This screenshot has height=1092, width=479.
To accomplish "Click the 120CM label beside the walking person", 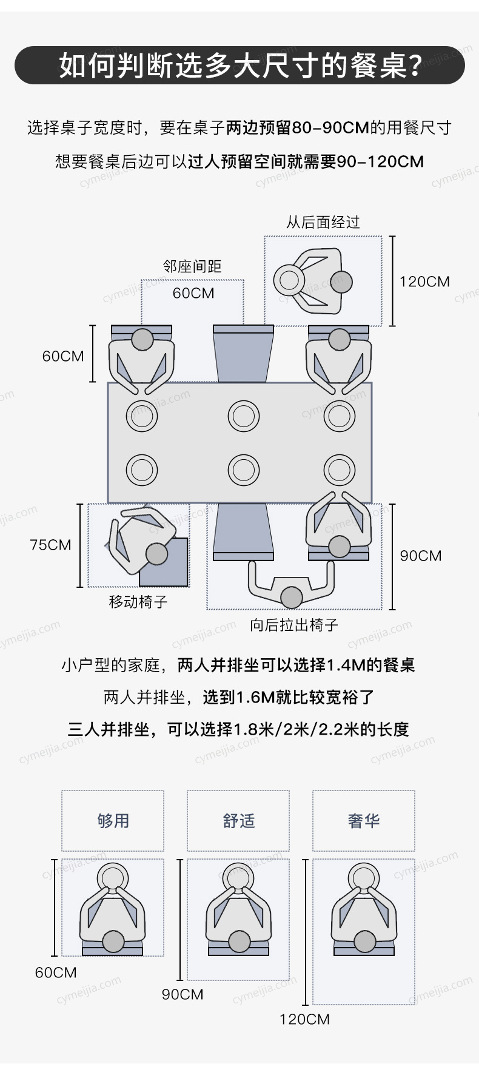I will pyautogui.click(x=424, y=281).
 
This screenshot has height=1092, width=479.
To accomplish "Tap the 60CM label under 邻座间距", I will pyautogui.click(x=193, y=293).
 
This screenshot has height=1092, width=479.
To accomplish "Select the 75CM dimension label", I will pyautogui.click(x=50, y=545).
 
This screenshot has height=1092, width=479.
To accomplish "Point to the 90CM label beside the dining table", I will pyautogui.click(x=421, y=556).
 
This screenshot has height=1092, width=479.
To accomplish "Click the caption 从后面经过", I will pyautogui.click(x=323, y=222).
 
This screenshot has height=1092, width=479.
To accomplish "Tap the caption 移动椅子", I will pyautogui.click(x=138, y=602).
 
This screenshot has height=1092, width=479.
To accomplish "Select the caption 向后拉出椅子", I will pyautogui.click(x=294, y=625).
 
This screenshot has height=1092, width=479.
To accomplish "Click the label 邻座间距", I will pyautogui.click(x=192, y=266).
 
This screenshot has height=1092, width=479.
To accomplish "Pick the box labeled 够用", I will pyautogui.click(x=113, y=821).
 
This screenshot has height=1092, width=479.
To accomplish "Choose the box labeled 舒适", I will pyautogui.click(x=238, y=821).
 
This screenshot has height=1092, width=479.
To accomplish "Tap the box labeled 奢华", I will pyautogui.click(x=364, y=821).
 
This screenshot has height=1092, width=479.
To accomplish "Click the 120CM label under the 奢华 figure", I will pyautogui.click(x=304, y=1019).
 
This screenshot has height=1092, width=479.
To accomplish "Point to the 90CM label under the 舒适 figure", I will pyautogui.click(x=183, y=994).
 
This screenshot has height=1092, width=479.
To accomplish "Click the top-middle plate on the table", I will pyautogui.click(x=244, y=416).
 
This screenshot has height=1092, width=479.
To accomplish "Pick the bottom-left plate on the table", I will pyautogui.click(x=142, y=470).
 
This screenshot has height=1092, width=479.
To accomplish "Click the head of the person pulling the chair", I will pyautogui.click(x=292, y=597).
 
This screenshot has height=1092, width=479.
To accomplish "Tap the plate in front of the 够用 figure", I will pyautogui.click(x=113, y=877).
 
